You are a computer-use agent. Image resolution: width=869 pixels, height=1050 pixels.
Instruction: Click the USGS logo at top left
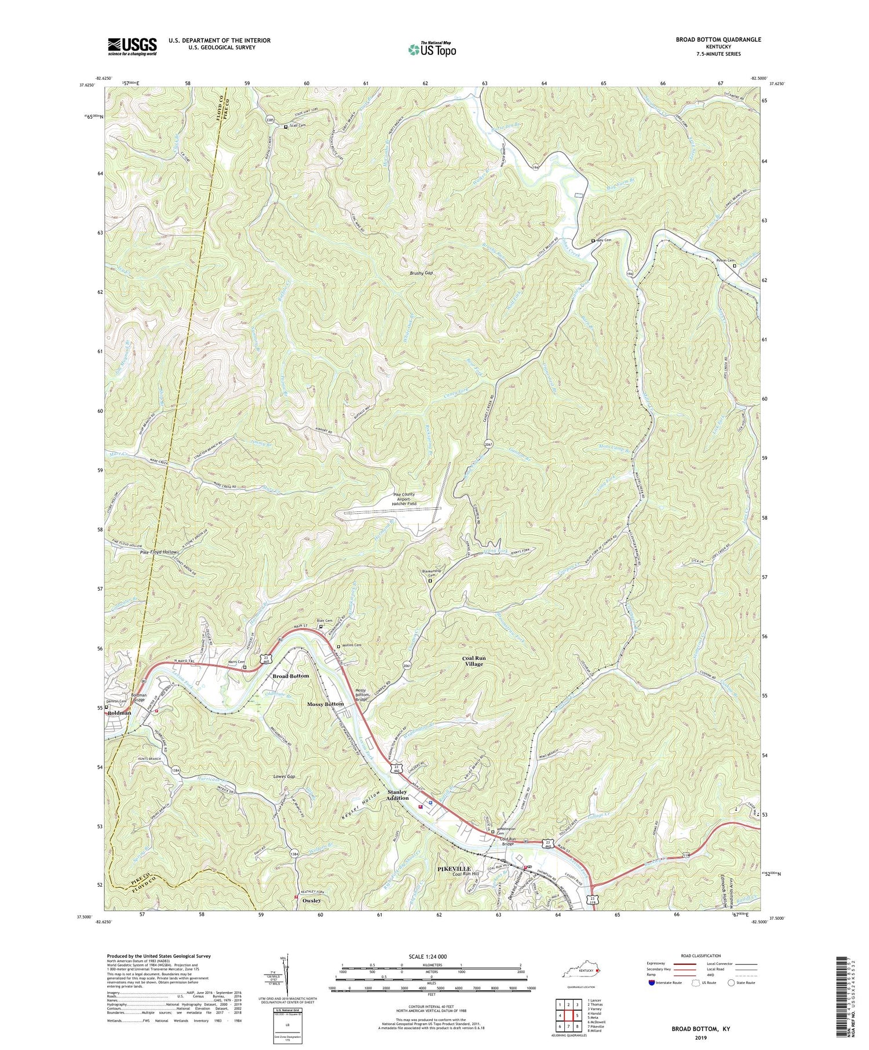click(132, 46)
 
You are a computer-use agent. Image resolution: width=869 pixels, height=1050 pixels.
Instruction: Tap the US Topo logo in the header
click(432, 49)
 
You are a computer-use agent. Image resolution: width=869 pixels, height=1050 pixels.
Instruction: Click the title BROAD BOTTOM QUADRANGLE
click(710, 39)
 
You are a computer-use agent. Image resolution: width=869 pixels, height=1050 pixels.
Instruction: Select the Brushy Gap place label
click(421, 273)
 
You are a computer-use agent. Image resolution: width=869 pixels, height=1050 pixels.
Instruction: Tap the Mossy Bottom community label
click(326, 704)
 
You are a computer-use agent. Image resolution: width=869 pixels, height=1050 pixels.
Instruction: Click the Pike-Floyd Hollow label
click(158, 553)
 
